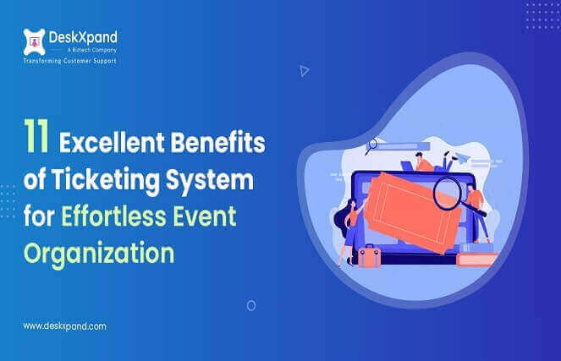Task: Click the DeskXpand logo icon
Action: (34, 39)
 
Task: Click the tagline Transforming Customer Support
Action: (69, 61)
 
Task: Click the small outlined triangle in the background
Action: (305, 71)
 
